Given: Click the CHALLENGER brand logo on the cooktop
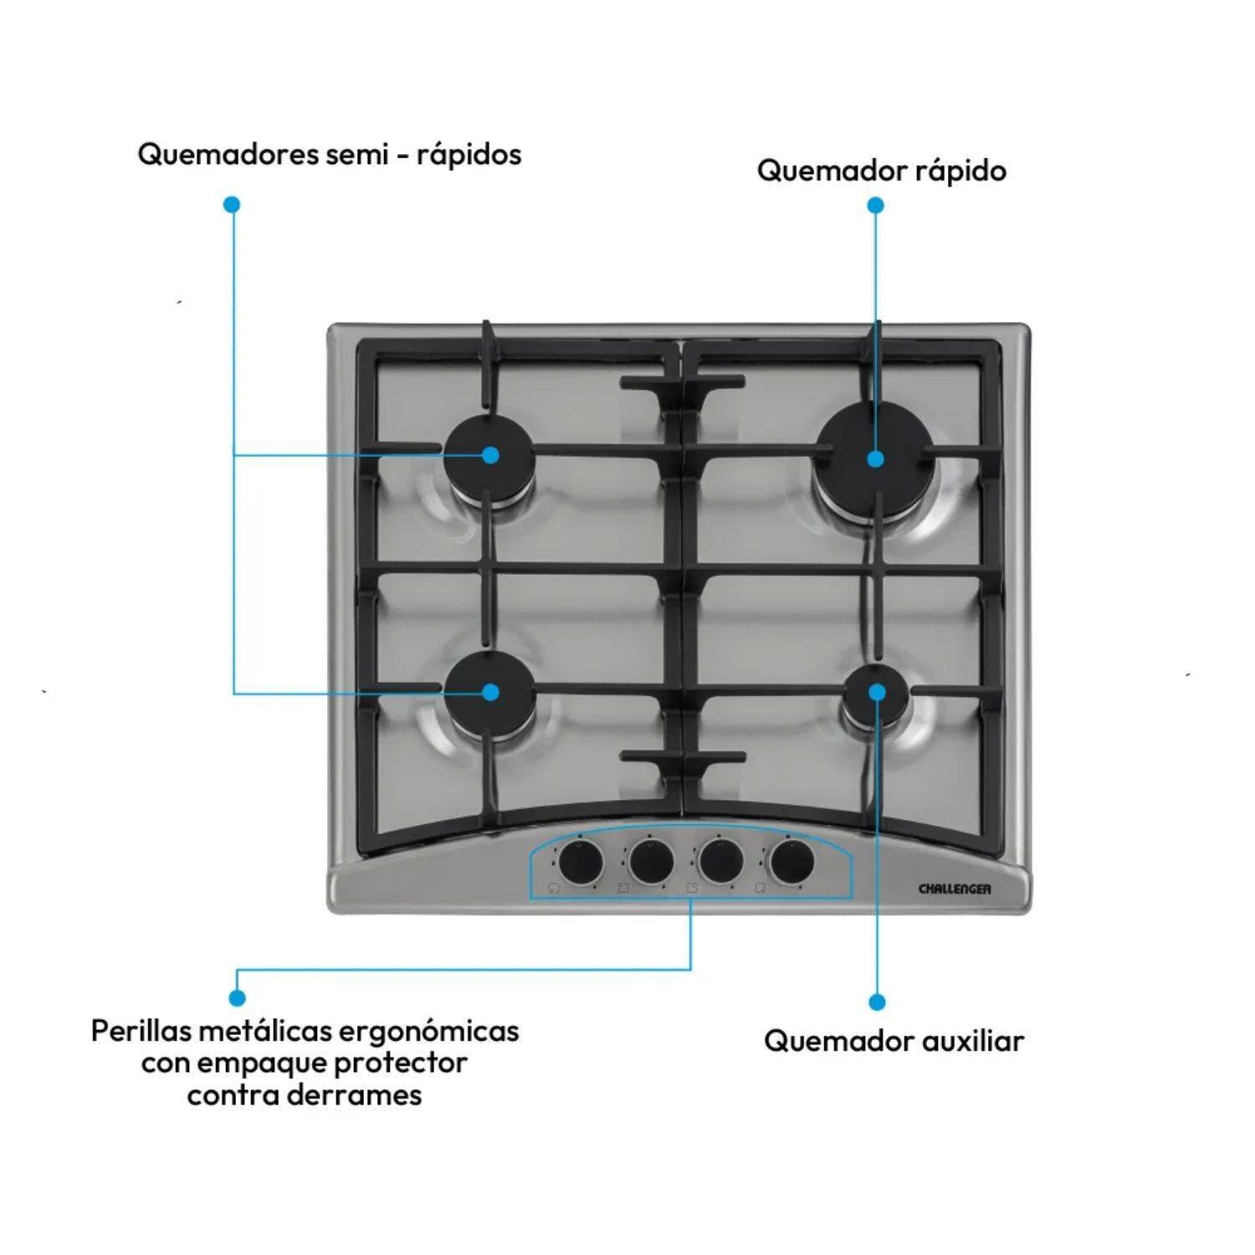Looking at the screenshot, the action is click(x=955, y=889).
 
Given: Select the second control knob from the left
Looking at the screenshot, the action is click(x=651, y=861).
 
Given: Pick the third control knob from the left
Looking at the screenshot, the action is click(x=721, y=861).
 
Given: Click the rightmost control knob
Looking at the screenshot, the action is click(x=791, y=861).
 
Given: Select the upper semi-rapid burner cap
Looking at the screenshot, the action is click(x=489, y=456).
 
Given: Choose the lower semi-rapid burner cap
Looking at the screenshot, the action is click(x=489, y=693).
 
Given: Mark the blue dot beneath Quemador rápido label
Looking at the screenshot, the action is click(x=875, y=205).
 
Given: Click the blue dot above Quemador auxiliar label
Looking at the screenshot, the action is click(x=877, y=1001).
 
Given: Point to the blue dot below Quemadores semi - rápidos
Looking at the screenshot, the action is click(x=233, y=204).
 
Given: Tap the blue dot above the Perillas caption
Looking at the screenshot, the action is click(x=237, y=997).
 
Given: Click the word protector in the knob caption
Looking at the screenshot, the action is click(x=401, y=1063).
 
